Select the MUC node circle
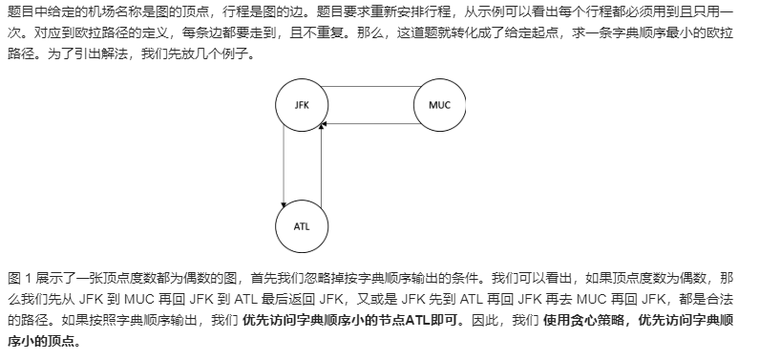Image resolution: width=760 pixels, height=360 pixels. pos(439,104)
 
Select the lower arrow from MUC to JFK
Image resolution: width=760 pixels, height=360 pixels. pos(372,121)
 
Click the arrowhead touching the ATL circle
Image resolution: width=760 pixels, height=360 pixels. pos(285,203)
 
